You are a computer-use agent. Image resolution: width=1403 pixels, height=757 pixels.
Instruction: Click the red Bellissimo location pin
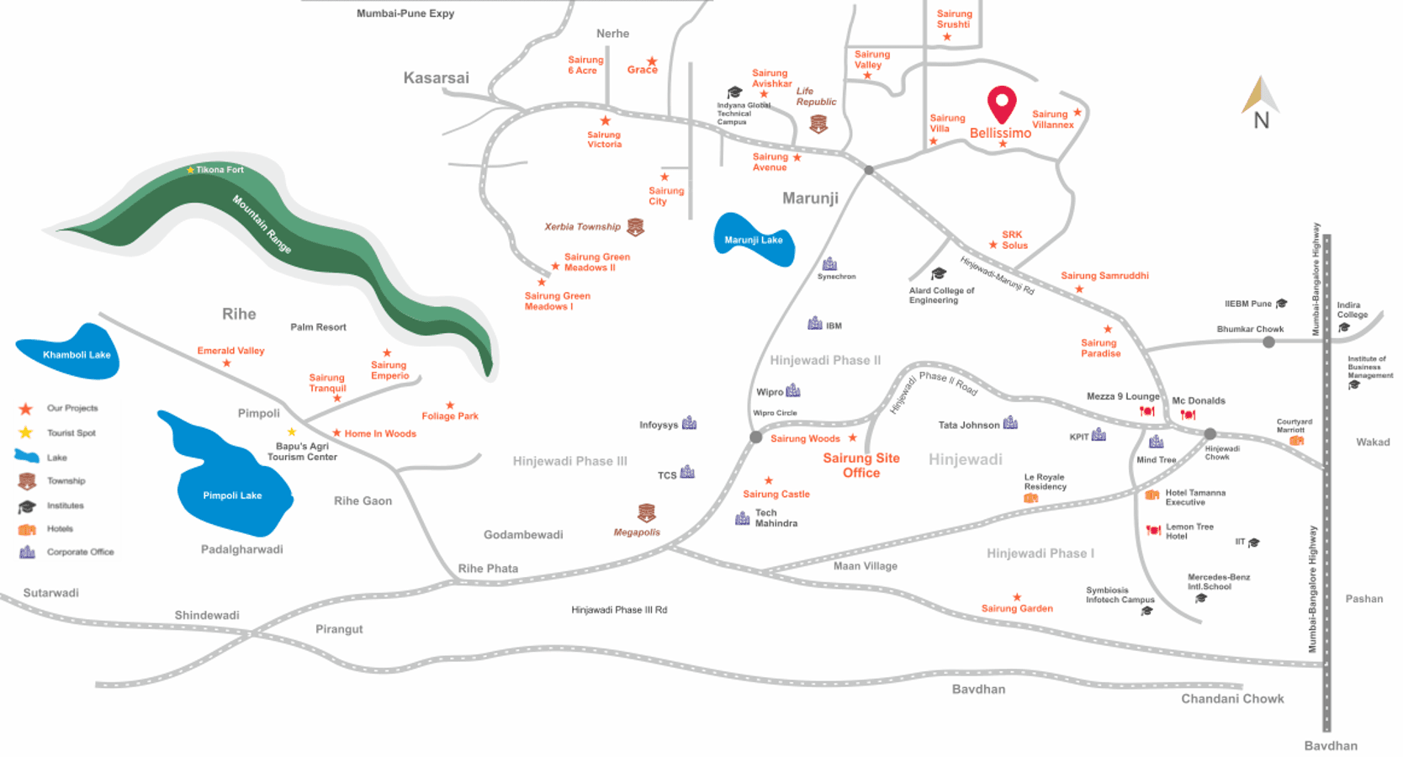point(1001,103)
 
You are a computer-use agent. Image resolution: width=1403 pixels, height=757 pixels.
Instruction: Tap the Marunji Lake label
point(753,240)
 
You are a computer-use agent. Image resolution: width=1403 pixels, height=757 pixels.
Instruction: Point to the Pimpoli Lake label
point(232,495)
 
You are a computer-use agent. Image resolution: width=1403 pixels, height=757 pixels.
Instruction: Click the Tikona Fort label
point(220,170)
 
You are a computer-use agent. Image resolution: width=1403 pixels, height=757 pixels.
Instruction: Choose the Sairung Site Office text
point(861,465)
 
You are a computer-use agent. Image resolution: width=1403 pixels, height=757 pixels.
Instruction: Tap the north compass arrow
point(1259,95)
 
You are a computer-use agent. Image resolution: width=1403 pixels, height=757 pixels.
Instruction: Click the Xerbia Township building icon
point(636,227)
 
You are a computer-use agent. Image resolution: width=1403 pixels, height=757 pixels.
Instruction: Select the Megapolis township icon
point(646,512)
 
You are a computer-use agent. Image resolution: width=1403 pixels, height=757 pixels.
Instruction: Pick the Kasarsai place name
point(436,78)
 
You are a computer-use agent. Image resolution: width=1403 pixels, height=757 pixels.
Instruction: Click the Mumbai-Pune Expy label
point(405,13)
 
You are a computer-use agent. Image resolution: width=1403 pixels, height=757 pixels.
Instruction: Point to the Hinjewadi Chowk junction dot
point(1210,434)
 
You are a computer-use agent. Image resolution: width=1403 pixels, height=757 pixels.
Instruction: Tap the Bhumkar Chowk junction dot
point(1268,341)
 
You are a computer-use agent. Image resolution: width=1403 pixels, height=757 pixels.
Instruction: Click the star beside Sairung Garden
point(1017,597)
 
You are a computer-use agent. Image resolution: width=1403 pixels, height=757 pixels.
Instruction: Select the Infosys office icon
point(690,423)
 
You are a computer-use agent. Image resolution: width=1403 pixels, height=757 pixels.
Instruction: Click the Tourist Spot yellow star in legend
point(26,432)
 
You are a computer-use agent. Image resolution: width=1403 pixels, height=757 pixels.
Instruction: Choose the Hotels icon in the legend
point(27,529)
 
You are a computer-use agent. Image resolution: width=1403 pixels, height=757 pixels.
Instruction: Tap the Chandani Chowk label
point(1232,699)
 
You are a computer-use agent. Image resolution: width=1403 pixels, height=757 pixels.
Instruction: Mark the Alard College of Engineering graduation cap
point(939,274)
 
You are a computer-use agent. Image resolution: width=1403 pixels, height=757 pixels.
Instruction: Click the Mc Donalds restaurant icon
point(1188,414)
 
